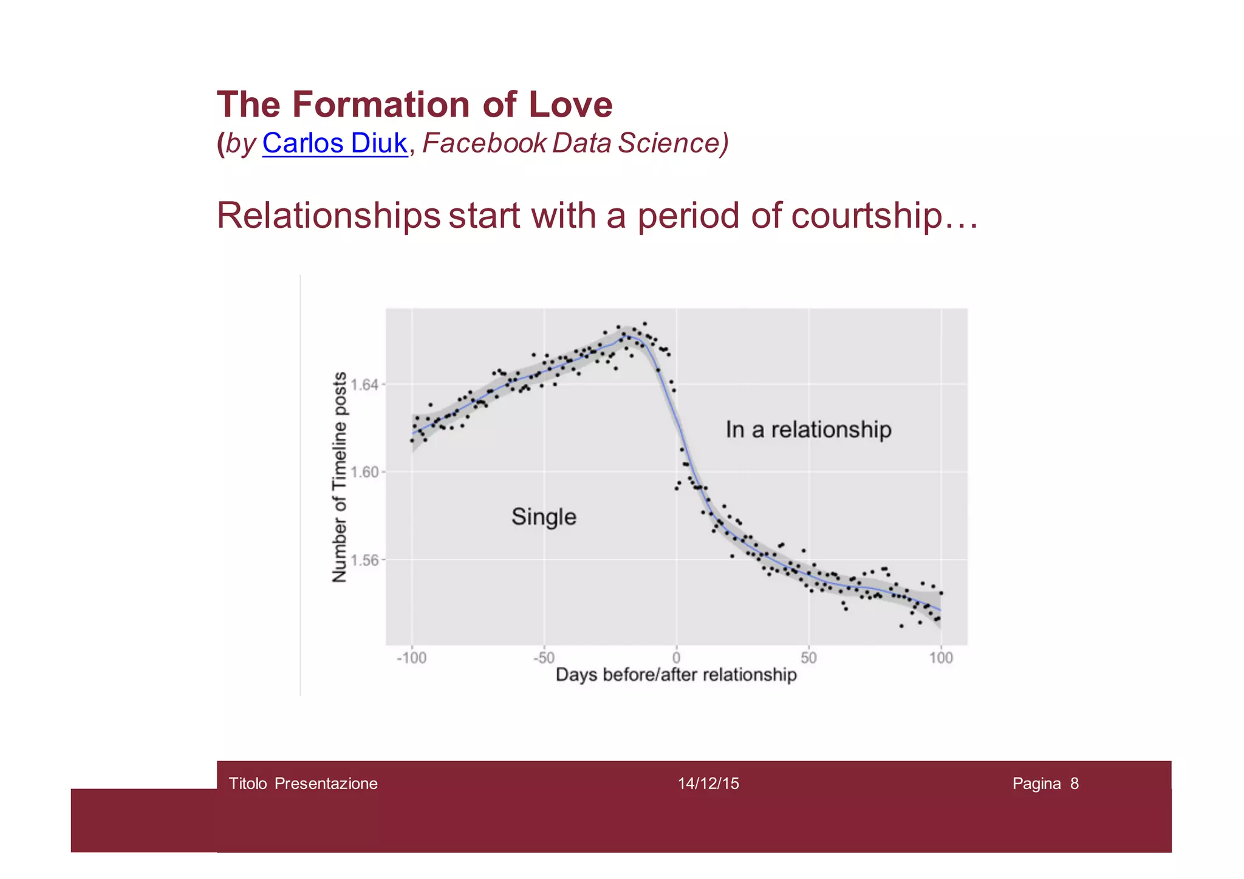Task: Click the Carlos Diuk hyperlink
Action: [x=335, y=143]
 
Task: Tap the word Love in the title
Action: [x=570, y=104]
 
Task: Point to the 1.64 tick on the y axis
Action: [x=364, y=385]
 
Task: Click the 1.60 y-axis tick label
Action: [x=364, y=472]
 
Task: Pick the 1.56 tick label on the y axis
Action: [x=364, y=559]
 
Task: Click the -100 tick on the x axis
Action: [x=411, y=658]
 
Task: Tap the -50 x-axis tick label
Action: [x=544, y=658]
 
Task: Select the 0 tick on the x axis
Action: [x=676, y=658]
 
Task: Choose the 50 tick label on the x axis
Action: [x=808, y=658]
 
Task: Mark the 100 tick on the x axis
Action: [x=941, y=658]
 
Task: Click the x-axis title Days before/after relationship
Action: [x=676, y=675]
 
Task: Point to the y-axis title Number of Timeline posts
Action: [x=340, y=477]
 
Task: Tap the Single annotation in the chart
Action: [x=544, y=517]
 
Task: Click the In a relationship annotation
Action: [x=808, y=429]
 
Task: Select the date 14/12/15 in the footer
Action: [x=708, y=784]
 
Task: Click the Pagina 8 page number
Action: [x=1045, y=784]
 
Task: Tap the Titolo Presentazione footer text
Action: [x=303, y=784]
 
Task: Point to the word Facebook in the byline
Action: [x=485, y=143]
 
